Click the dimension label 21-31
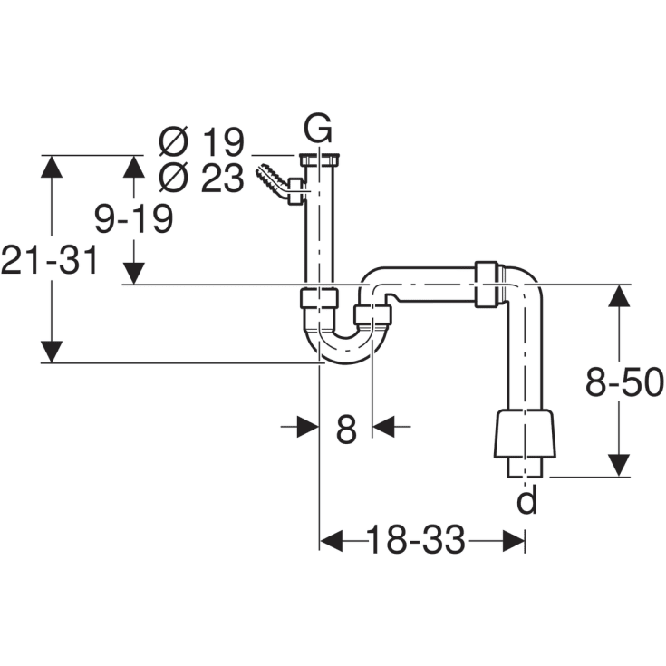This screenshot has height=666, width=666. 49,260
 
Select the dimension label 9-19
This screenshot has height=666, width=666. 135,218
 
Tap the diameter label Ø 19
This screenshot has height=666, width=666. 201,142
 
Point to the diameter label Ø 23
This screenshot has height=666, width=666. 201,179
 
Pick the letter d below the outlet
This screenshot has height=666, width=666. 526,500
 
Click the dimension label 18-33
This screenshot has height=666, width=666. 416,542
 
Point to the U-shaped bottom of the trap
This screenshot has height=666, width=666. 345,349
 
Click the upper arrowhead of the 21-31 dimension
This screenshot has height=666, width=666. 53,167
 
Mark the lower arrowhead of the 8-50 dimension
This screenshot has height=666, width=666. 618,463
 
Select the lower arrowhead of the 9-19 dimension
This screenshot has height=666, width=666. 134,273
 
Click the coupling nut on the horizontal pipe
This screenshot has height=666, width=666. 488,285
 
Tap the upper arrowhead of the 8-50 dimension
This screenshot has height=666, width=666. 618,295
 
